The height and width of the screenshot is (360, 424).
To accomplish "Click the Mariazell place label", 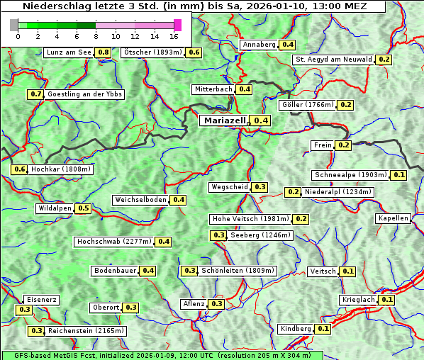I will [x=224, y=120].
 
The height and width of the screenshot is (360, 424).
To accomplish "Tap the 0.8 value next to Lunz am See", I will [x=104, y=52].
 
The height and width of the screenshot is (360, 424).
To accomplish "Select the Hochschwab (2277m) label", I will [x=114, y=242].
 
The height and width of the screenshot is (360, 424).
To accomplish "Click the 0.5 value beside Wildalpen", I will [x=84, y=208].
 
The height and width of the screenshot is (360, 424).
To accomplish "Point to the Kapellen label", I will [x=394, y=218].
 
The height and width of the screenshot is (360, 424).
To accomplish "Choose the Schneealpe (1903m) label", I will [x=350, y=175].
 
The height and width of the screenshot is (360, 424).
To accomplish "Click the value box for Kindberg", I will [x=323, y=329].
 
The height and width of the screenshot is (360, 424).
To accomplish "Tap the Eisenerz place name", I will [x=40, y=300].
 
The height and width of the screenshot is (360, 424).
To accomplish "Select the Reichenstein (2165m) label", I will [x=87, y=331].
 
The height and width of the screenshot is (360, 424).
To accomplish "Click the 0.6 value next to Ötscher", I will [x=194, y=52].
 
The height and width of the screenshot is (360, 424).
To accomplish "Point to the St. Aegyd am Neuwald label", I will [x=333, y=60].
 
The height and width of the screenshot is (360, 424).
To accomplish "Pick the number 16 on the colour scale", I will [x=174, y=36].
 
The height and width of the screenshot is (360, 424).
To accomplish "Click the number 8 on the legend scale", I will [x=96, y=36].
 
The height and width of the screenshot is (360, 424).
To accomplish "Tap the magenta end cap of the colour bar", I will [x=177, y=25].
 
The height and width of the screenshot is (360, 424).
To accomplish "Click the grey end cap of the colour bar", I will [x=14, y=25].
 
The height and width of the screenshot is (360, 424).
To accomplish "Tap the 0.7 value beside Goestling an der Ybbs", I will [x=36, y=94].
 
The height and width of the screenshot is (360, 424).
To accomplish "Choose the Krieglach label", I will [x=358, y=300].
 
